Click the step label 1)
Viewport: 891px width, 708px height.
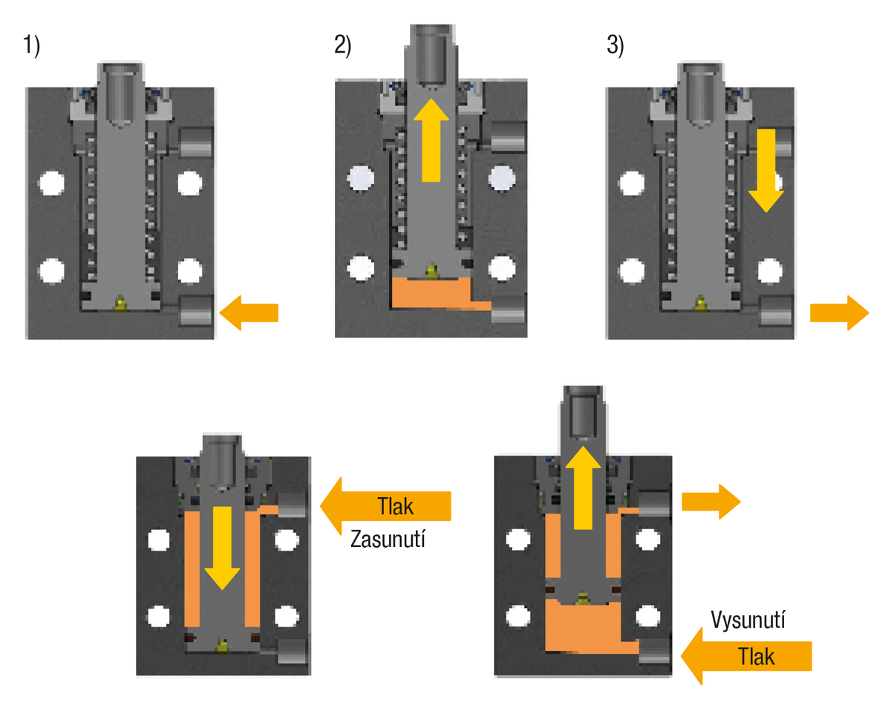[31, 47]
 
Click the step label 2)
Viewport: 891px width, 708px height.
[342, 47]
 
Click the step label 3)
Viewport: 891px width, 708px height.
[616, 47]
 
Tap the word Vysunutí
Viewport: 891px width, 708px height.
[747, 620]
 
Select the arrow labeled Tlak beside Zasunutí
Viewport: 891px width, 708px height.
[386, 506]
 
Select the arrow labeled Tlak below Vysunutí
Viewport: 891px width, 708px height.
[747, 656]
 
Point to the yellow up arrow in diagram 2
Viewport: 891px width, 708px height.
[431, 141]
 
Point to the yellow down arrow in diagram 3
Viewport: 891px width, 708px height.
[765, 171]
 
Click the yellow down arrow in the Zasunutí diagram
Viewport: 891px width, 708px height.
[222, 545]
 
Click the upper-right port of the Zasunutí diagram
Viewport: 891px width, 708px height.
[293, 505]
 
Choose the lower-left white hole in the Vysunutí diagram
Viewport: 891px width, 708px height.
[516, 614]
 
